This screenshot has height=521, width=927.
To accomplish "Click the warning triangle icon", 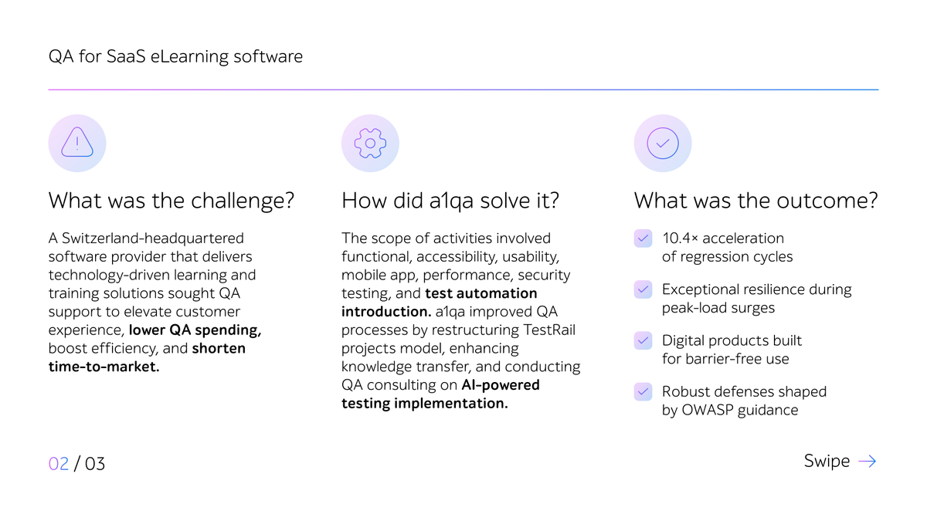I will point(77,143).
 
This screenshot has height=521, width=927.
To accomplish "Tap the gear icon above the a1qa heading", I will point(370,143).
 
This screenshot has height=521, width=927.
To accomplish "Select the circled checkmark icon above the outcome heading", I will point(663,143).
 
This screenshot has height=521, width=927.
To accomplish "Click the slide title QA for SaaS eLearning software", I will point(175,56).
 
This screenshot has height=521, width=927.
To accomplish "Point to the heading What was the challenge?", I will point(171,201).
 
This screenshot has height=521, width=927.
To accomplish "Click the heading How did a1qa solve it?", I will point(450,201).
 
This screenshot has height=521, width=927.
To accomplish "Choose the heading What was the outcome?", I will point(756,201).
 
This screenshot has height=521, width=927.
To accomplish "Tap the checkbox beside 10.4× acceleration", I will point(643,239).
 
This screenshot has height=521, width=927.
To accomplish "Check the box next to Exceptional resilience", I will point(643,289).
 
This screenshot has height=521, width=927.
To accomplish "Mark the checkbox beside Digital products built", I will point(643,340).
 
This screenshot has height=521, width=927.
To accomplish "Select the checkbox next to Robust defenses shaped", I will point(643,391).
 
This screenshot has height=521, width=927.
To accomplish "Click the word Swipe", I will point(827,462).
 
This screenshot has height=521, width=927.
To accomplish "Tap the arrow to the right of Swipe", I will point(868,462).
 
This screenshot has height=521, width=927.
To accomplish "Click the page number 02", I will point(59,464).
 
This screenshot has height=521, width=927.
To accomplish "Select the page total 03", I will point(95,464).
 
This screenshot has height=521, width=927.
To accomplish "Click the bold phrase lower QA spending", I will point(195,330).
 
